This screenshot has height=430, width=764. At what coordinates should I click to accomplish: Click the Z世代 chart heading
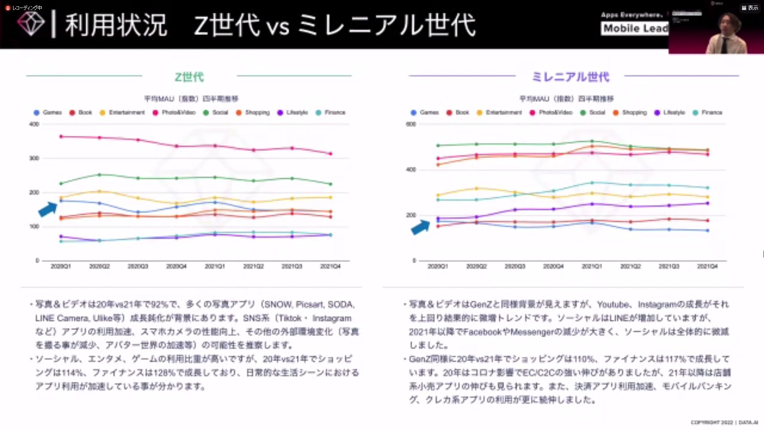click(189, 77)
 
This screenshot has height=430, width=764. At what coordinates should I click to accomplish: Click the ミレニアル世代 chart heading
click(570, 77)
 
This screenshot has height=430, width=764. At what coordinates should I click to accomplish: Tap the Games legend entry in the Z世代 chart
click(48, 113)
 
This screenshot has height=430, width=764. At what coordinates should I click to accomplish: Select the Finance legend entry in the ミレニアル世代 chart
click(707, 113)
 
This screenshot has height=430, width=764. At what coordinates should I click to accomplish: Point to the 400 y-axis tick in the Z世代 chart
click(34, 124)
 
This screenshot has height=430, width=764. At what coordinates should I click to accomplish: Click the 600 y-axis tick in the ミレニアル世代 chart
click(411, 124)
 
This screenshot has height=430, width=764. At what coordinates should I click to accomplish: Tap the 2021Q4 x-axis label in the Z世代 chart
click(330, 266)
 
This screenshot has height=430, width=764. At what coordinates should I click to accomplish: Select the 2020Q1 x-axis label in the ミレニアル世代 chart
click(438, 266)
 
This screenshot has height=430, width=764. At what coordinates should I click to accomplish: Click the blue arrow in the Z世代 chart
click(48, 209)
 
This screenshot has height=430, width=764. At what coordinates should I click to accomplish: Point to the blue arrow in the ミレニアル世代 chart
click(421, 227)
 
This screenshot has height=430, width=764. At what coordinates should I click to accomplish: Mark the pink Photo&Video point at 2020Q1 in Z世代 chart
click(61, 137)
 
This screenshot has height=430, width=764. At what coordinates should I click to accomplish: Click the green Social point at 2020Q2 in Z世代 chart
click(99, 175)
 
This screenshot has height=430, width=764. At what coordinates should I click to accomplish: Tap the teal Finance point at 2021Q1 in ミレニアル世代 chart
click(592, 183)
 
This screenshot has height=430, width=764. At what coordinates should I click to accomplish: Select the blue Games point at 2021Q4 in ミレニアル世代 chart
click(707, 231)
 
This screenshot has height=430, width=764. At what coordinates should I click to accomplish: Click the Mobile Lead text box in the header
click(635, 28)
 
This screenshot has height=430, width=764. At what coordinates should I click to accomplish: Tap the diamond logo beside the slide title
click(31, 24)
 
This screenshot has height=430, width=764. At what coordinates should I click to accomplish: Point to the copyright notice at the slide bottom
click(724, 422)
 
